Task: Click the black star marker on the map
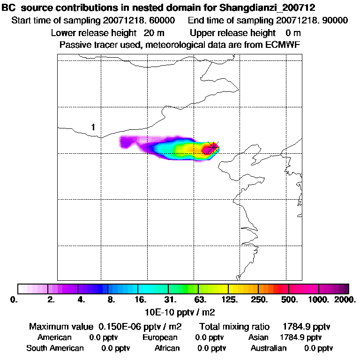coord(213,147)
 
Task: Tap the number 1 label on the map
coord(93,127)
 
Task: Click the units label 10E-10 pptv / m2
coord(180,311)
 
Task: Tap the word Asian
coord(258,337)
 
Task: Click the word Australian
coord(269,348)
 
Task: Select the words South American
coord(55,348)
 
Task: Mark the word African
coord(167,348)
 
